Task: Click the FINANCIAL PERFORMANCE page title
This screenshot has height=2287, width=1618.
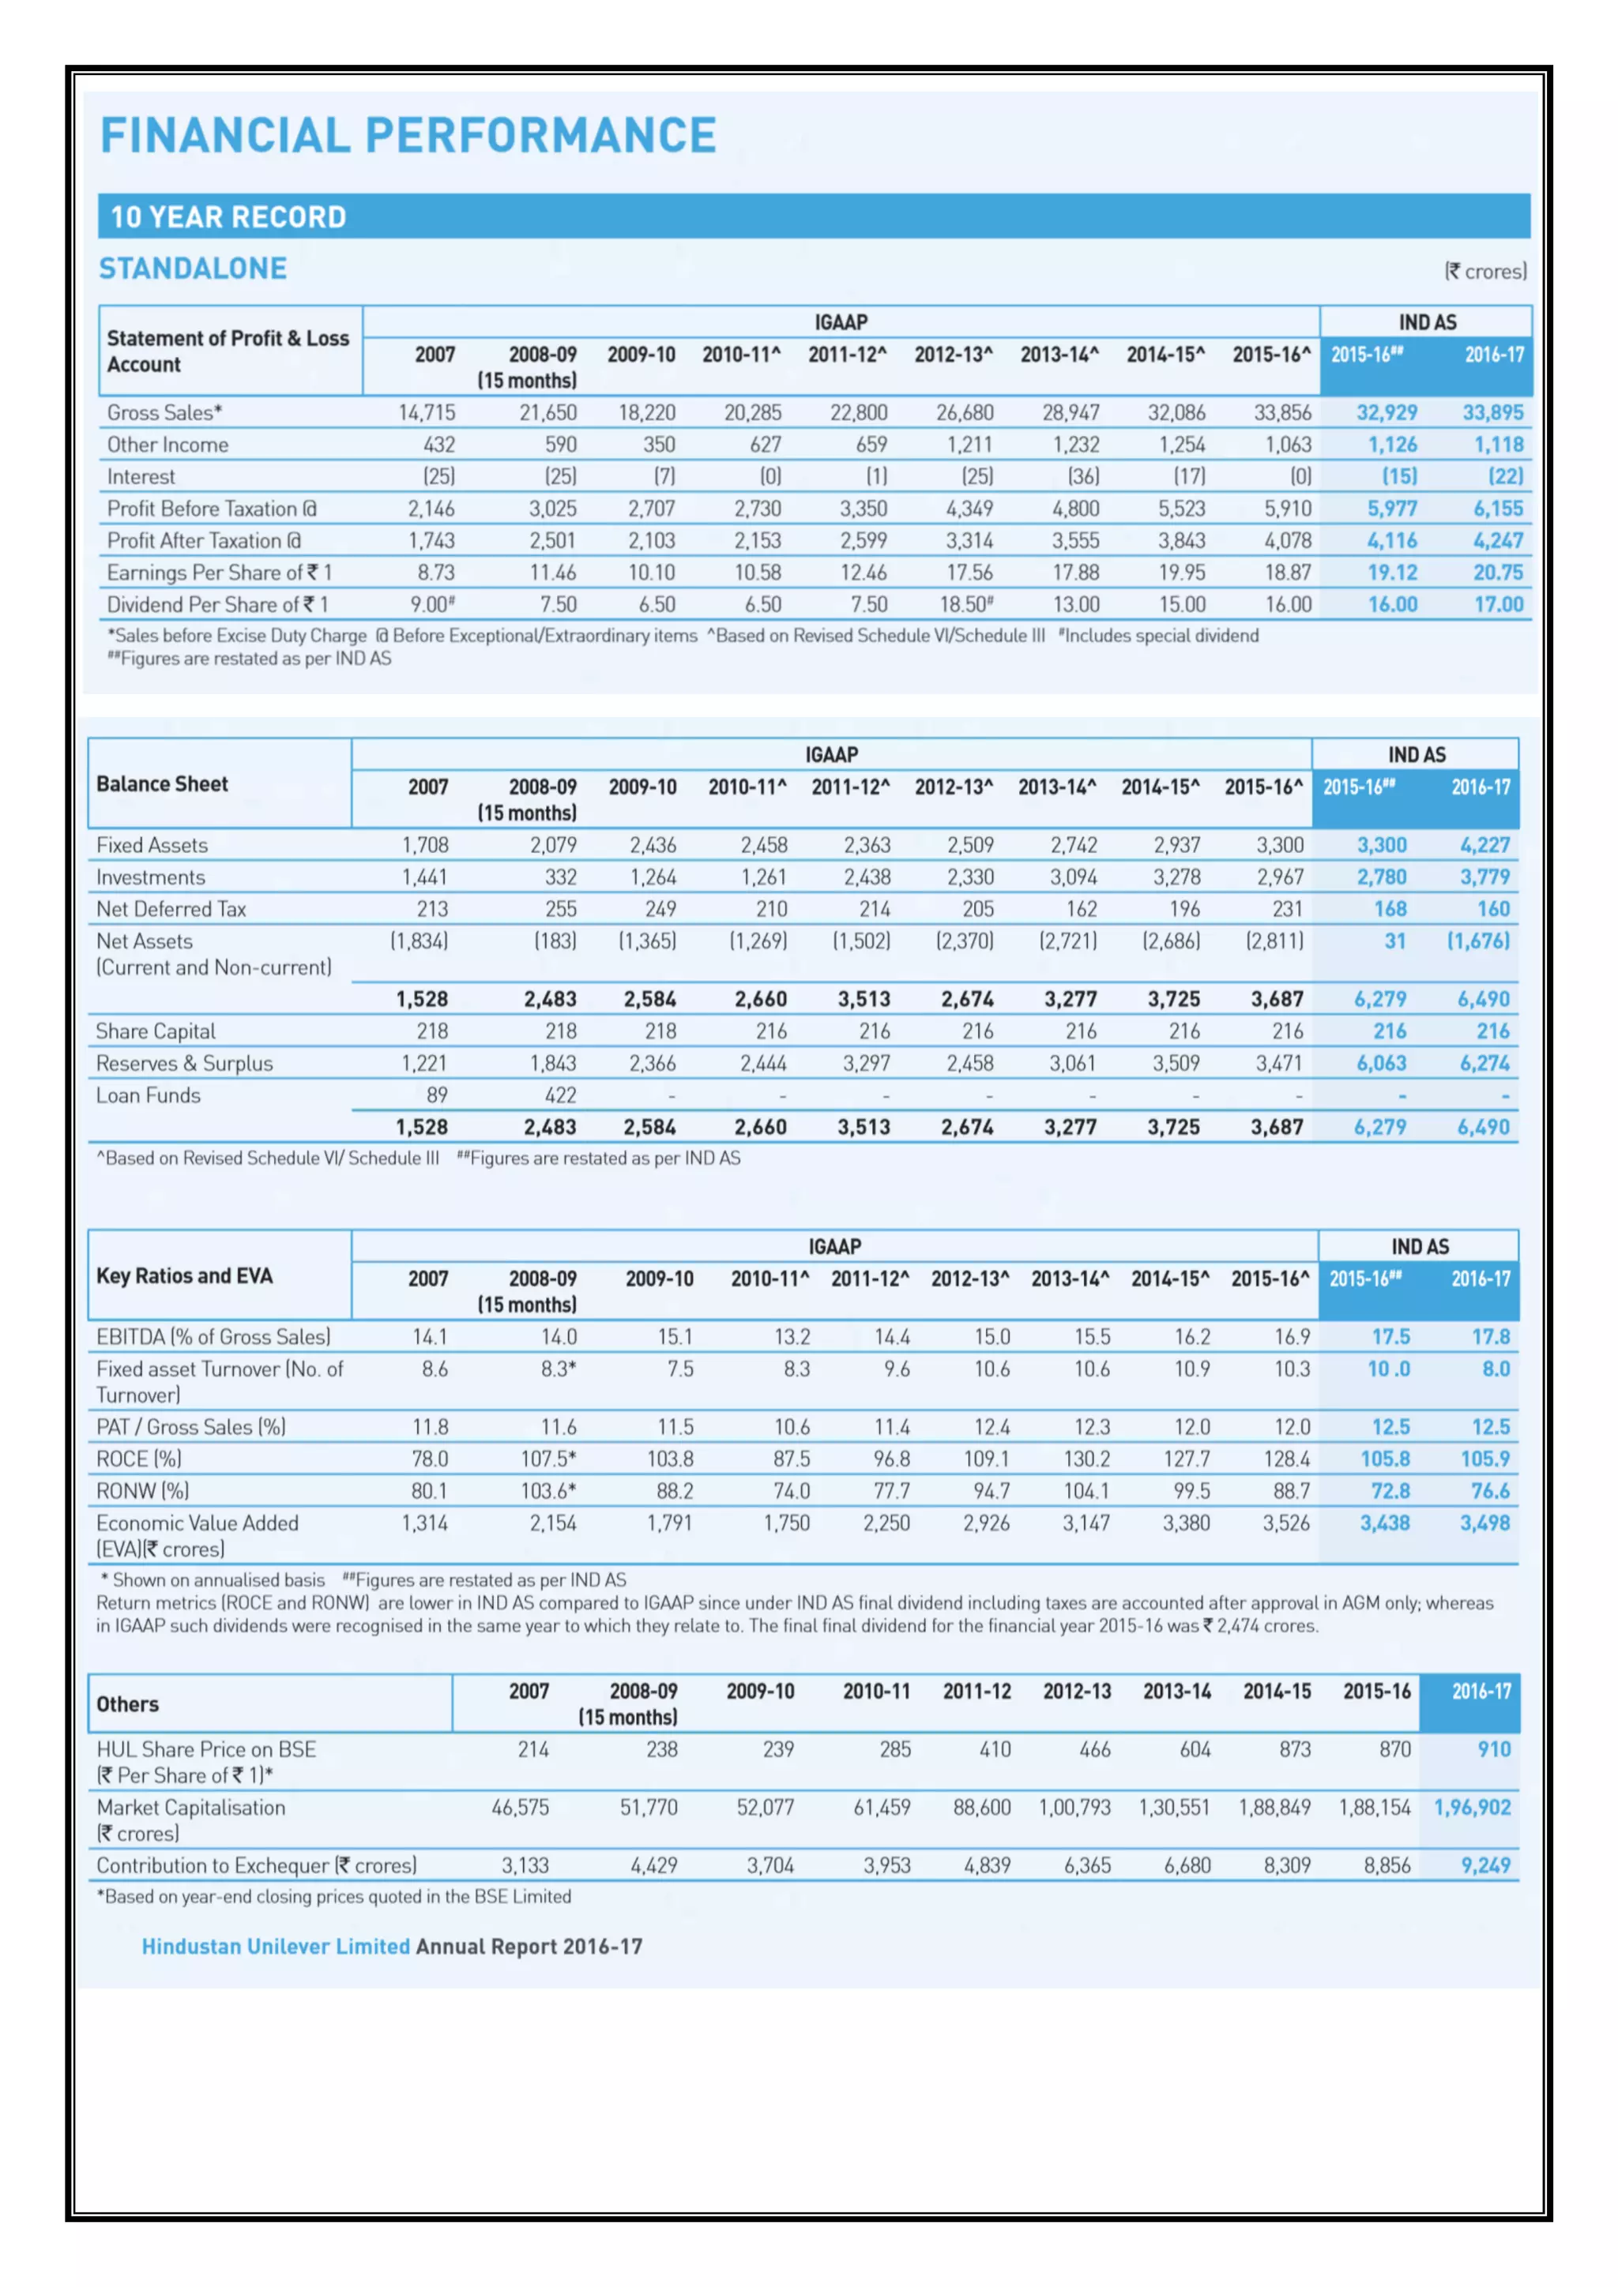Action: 408,136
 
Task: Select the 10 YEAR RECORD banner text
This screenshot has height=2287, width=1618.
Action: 228,217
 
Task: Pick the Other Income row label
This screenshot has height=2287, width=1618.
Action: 167,445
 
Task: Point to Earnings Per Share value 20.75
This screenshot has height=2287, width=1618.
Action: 1497,573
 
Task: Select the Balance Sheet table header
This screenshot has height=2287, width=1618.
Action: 163,784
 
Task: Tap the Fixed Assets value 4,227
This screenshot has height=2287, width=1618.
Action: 1484,846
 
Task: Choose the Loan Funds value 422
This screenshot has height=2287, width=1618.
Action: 560,1095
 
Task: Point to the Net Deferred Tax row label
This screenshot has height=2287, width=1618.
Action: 171,910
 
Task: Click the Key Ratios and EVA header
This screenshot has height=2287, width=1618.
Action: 184,1276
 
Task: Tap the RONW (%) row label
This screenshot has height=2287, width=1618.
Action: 142,1491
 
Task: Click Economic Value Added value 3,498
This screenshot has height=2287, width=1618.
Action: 1484,1523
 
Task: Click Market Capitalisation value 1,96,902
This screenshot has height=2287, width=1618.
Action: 1472,1808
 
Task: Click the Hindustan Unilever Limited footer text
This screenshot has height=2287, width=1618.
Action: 276,1947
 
